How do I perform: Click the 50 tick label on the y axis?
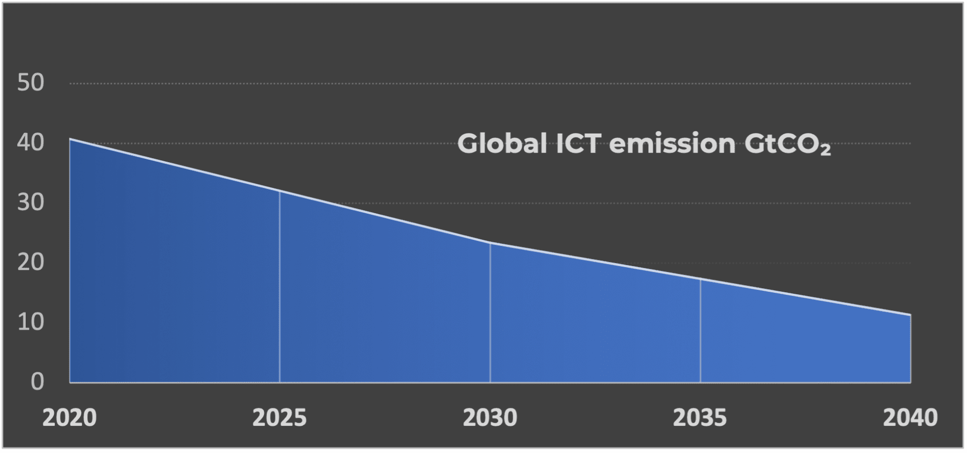click(x=31, y=83)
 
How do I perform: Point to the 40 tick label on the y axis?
click(x=31, y=143)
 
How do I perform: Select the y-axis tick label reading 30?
click(x=31, y=203)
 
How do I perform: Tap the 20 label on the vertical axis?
click(x=31, y=262)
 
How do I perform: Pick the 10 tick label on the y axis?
click(x=31, y=322)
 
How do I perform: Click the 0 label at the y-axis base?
click(x=37, y=381)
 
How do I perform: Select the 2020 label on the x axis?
click(x=70, y=418)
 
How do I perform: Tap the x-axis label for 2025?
click(x=280, y=418)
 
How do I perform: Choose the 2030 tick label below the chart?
click(x=490, y=418)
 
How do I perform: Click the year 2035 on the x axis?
click(x=700, y=418)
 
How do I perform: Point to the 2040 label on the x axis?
click(x=910, y=418)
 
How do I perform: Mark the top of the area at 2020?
click(x=70, y=139)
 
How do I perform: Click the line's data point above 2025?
click(x=280, y=191)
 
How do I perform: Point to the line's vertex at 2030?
click(x=490, y=243)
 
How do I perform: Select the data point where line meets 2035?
click(x=700, y=279)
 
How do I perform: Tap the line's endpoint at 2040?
click(x=910, y=315)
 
